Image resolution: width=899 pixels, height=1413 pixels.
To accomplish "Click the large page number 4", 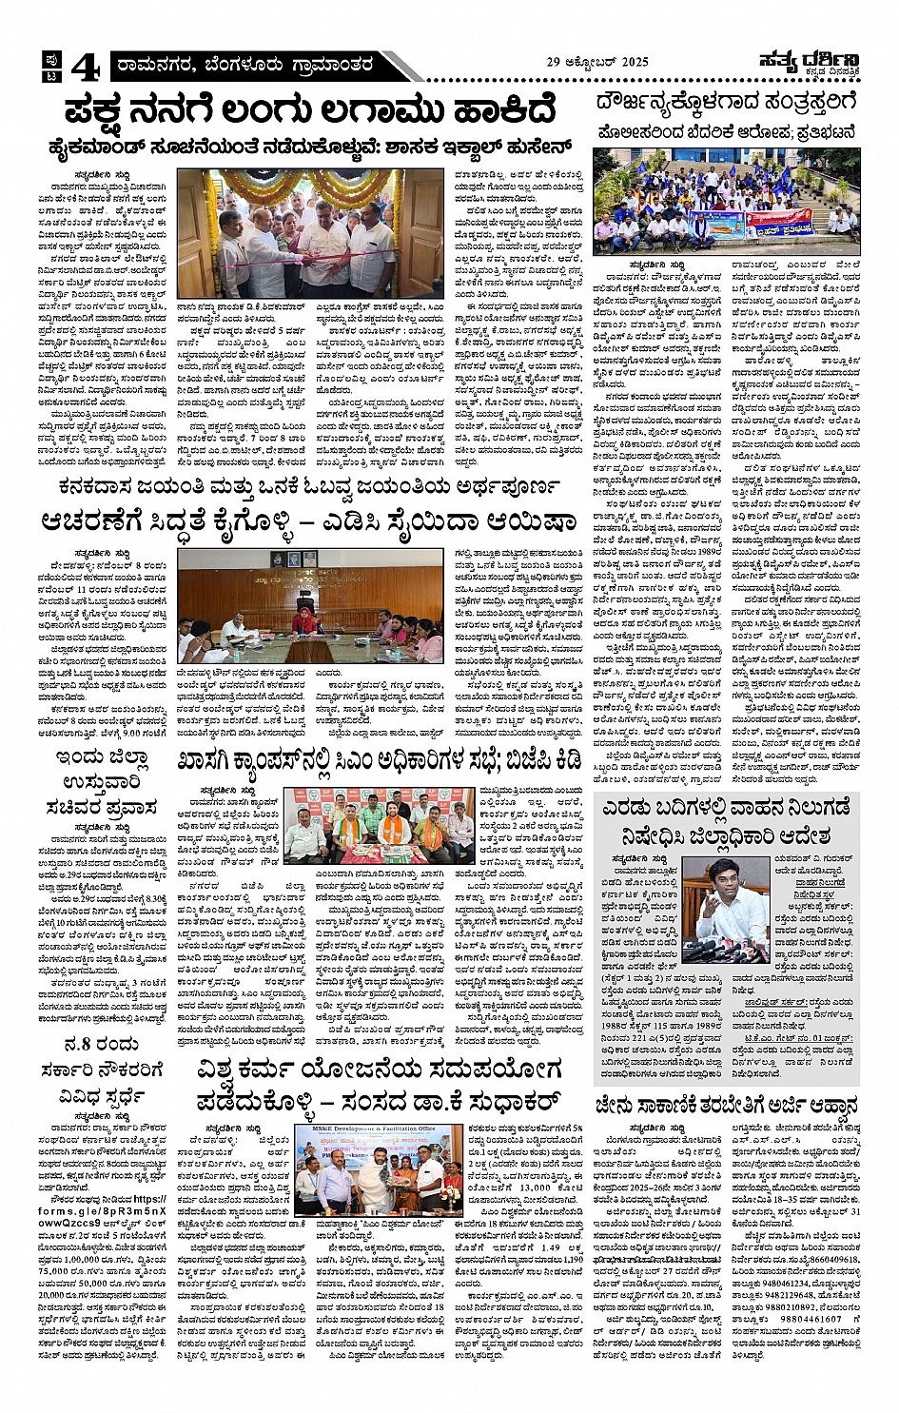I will (x=85, y=66).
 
